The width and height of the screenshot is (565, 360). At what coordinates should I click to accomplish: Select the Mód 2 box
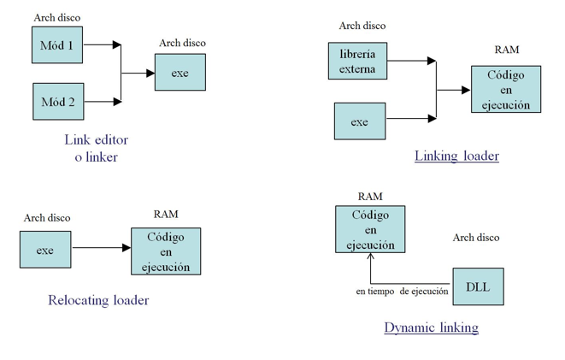(x=57, y=102)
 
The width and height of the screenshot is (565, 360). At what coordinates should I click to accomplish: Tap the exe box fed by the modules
(x=180, y=73)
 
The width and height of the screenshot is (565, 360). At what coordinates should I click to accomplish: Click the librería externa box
(x=358, y=62)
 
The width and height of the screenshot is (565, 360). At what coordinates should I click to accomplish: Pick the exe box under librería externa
(x=359, y=121)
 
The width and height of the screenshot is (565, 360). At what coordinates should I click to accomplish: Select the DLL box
(x=478, y=286)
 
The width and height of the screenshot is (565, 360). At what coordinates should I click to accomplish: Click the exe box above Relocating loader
(x=45, y=250)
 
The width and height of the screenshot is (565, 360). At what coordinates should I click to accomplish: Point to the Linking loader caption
(x=456, y=156)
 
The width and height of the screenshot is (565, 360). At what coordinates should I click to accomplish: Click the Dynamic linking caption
(x=431, y=327)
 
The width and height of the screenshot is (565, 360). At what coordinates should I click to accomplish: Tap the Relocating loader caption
(x=99, y=300)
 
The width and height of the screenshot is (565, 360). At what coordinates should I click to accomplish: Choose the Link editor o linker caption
(x=96, y=149)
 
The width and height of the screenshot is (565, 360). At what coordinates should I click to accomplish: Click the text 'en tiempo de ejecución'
(x=402, y=292)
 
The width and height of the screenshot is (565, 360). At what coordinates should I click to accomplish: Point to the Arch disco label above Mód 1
(x=57, y=17)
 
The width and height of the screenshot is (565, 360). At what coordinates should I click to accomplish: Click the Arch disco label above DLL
(x=476, y=237)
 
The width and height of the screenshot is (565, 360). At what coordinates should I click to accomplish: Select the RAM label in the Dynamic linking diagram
(x=370, y=197)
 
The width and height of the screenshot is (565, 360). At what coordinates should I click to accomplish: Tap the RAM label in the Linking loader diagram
(x=507, y=50)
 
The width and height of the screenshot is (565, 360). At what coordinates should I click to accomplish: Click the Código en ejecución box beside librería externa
(x=505, y=90)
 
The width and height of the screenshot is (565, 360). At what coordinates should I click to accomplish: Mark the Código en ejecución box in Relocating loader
(x=165, y=251)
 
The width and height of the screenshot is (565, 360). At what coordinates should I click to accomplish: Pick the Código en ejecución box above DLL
(x=370, y=229)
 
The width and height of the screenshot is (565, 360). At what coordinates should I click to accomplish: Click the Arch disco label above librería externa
(x=362, y=26)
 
